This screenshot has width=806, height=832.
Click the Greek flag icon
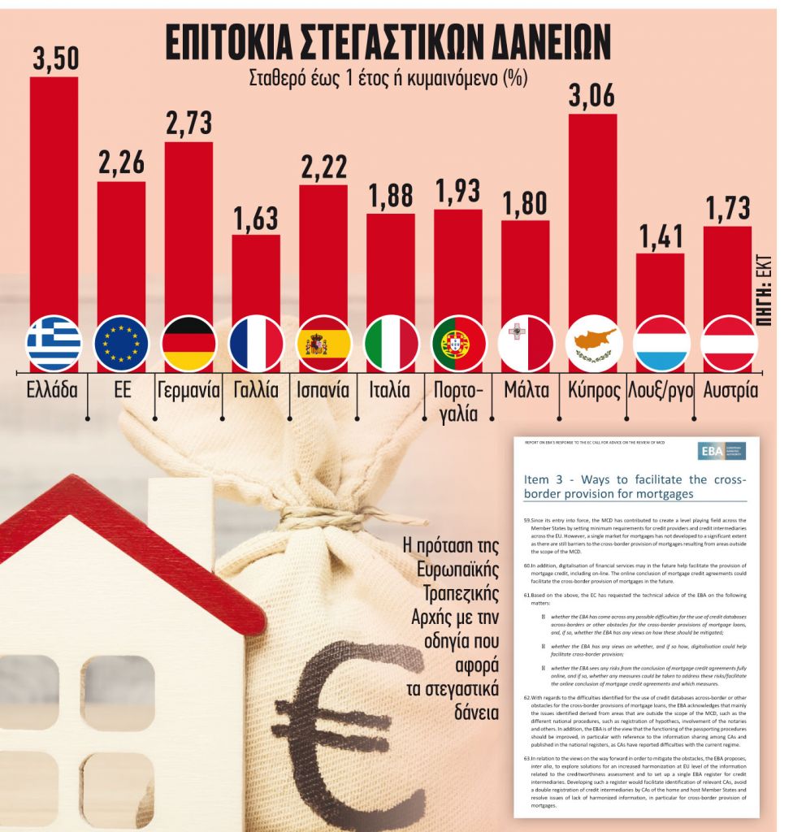[54, 344]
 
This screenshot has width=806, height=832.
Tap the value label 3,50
[54, 58]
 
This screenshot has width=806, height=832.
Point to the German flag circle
[188, 344]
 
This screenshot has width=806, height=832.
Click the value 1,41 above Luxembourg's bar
[660, 236]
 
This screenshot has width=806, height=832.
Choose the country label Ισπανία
[323, 390]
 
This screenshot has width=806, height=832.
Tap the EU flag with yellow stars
[121, 344]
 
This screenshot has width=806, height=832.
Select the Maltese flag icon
[526, 344]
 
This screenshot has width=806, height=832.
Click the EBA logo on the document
[721, 452]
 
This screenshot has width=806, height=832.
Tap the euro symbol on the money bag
[341, 723]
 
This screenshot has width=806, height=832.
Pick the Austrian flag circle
[728, 344]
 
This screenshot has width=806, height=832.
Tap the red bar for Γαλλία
[256, 276]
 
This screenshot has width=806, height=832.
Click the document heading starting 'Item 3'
[635, 487]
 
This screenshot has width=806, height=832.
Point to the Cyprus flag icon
[593, 344]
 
